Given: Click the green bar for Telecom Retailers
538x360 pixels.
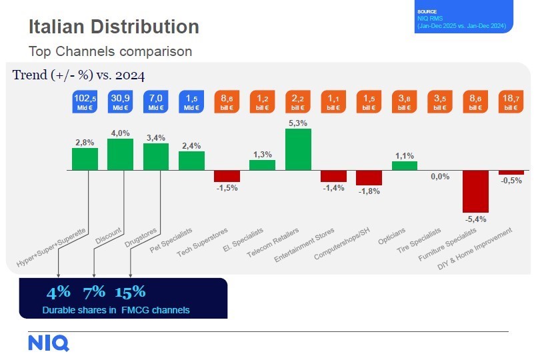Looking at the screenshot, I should pos(298,150).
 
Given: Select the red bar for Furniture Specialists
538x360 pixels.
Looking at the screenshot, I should pos(475,191).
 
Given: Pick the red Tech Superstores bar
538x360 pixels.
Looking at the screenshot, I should pos(227,176).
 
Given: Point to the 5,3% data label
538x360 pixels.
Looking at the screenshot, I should pos(298,123).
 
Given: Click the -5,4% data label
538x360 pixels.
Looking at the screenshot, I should pos(475,219).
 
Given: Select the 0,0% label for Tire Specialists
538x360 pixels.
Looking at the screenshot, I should pos(440,177).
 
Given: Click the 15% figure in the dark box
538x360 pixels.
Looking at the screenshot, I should pos(130,292).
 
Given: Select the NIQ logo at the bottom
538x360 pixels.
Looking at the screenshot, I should pos(48,343).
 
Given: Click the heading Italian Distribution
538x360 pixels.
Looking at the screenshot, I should pos(113,27).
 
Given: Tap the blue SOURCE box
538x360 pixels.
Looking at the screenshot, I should pos(464,19).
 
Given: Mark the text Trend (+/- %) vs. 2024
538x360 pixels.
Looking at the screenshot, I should pos(79,75).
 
